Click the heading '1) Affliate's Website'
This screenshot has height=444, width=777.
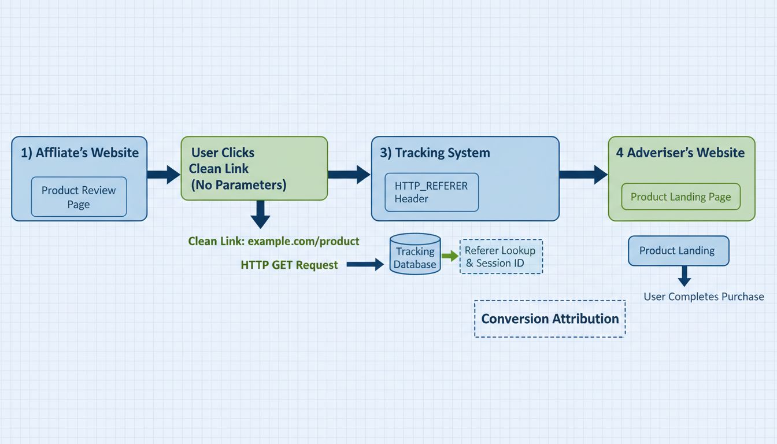(80, 153)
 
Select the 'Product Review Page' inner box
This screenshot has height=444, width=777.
(79, 197)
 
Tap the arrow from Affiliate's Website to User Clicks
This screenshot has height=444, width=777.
(164, 174)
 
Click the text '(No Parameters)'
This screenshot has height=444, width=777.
(239, 185)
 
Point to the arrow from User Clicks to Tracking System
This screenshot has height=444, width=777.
(349, 174)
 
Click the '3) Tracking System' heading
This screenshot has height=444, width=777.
(435, 153)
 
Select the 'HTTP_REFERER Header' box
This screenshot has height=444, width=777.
(431, 192)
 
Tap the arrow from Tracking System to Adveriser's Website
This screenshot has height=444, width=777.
(583, 174)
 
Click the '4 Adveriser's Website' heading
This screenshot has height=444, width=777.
(680, 153)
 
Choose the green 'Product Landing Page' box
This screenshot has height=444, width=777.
(680, 197)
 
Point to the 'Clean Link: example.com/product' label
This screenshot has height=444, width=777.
(273, 241)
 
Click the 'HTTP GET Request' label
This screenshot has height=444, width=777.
(289, 265)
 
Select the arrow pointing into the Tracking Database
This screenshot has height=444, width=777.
(365, 265)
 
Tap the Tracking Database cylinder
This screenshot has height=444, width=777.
(415, 254)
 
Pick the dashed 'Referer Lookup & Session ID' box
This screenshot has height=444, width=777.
(501, 257)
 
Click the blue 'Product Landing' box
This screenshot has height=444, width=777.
(678, 251)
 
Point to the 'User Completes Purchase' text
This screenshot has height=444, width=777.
(704, 297)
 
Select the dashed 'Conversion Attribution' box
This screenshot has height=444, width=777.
(549, 319)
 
